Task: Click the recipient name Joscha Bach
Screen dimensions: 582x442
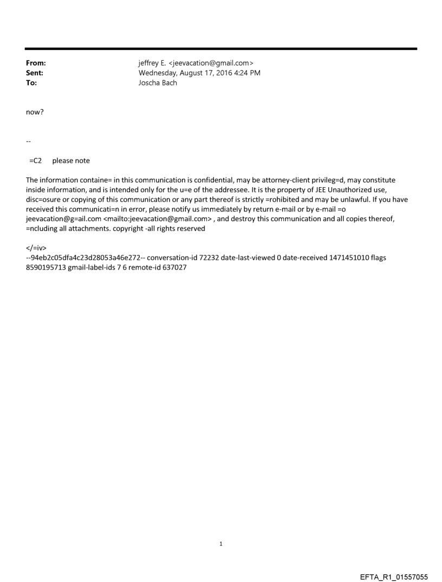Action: [x=158, y=83]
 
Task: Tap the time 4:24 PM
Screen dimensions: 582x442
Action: [x=248, y=73]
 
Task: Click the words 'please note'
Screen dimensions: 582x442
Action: [x=71, y=161]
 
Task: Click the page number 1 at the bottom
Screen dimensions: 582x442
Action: [x=221, y=543]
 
